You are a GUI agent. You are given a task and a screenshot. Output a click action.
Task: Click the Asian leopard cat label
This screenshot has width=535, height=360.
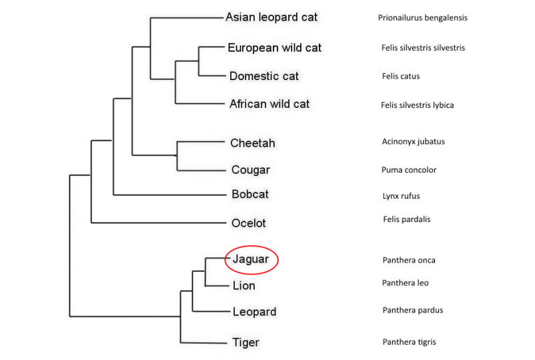[272, 17]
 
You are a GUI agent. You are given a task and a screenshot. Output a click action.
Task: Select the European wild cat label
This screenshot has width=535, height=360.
[274, 48]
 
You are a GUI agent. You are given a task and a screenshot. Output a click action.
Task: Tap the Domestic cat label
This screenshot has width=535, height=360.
[263, 76]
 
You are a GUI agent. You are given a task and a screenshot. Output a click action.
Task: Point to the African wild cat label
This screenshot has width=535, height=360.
[270, 104]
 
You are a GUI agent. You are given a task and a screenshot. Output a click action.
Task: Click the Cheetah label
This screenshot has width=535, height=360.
[252, 143]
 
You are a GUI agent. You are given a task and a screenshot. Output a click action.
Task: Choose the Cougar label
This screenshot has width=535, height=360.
[250, 170]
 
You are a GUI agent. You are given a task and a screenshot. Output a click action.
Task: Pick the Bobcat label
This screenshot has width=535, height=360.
[250, 195]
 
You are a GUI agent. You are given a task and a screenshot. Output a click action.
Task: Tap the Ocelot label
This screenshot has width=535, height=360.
[249, 223]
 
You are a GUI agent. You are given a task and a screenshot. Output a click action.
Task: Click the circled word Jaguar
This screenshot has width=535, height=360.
[251, 259]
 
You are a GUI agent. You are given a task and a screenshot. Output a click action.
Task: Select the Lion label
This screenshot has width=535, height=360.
[244, 286]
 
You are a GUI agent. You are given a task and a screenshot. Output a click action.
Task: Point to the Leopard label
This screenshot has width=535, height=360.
[254, 312]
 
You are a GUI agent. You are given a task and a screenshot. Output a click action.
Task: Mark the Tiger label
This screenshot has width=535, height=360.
[245, 343]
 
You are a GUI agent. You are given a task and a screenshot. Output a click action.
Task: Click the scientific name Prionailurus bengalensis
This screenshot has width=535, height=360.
[422, 18]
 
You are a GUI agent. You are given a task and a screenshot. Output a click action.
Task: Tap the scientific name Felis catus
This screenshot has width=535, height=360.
[400, 77]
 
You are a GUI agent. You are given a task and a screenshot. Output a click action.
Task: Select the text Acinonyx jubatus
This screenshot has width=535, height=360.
[413, 141]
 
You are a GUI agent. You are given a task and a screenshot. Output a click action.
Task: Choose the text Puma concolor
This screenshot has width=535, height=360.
[409, 170]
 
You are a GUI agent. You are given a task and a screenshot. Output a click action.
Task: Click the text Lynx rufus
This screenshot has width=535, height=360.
[400, 196]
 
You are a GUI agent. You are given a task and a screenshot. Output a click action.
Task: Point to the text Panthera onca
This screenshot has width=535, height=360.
[409, 260]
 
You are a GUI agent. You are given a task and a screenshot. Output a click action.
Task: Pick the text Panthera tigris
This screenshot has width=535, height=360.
[410, 342]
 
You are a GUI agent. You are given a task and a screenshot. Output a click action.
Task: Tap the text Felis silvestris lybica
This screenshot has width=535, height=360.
[417, 105]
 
